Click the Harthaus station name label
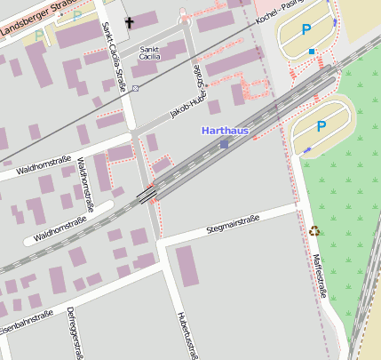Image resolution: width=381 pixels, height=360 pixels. [x=225, y=131]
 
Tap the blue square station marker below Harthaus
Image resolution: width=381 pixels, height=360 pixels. [x=224, y=143]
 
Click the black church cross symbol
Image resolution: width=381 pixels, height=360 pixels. [x=130, y=21]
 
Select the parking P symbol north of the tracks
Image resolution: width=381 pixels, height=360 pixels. [x=306, y=30]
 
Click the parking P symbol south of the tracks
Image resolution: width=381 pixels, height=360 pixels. [x=321, y=127]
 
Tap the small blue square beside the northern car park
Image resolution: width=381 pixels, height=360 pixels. [x=312, y=52]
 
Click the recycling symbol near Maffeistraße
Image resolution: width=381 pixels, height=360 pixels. [x=314, y=231]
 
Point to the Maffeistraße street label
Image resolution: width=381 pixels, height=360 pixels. [x=320, y=275]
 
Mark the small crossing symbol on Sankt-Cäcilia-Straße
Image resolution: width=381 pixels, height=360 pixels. [x=135, y=89]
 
